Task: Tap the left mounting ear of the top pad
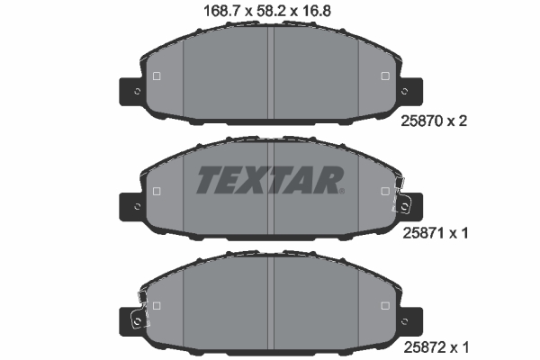pos(132,91)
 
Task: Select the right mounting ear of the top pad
pos(409,91)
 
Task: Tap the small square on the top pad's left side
pos(157,76)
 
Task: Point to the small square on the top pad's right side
pos(385,76)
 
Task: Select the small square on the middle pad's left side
pos(157,191)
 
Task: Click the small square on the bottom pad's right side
pos(385,304)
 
